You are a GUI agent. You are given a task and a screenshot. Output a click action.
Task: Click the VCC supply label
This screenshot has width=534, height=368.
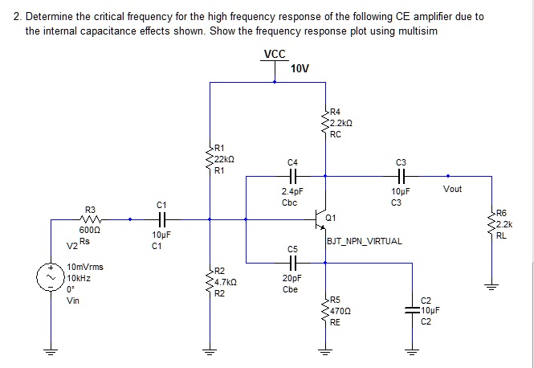click(x=275, y=55)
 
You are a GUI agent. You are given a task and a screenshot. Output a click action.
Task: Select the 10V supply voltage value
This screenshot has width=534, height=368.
click(x=300, y=69)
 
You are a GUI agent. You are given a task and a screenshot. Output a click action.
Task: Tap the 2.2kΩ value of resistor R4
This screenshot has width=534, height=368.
click(x=342, y=123)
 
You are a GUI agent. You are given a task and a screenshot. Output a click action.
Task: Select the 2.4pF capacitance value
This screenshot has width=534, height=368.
click(x=292, y=192)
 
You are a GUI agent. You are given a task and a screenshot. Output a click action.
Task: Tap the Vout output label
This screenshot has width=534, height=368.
click(x=452, y=189)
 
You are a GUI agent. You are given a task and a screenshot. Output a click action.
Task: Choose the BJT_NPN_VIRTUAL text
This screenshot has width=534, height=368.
click(x=365, y=240)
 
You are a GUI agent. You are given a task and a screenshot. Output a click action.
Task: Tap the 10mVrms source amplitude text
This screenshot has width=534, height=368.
click(x=85, y=267)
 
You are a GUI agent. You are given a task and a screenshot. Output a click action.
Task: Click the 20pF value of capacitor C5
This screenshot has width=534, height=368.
click(x=292, y=277)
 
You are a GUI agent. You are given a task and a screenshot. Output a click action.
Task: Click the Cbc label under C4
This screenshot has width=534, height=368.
click(x=290, y=202)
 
